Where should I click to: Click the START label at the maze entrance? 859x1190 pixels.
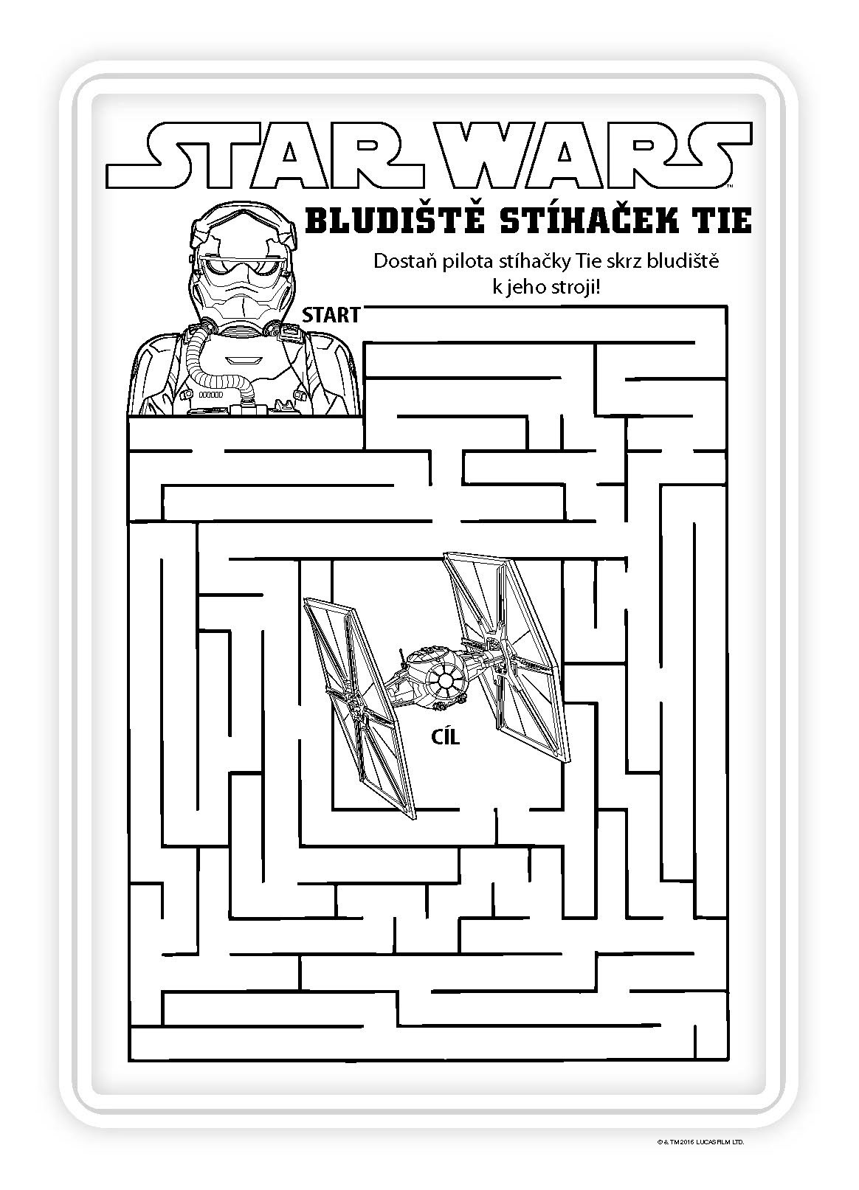pos(331,315)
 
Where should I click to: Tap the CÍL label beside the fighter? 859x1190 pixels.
pos(446,736)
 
